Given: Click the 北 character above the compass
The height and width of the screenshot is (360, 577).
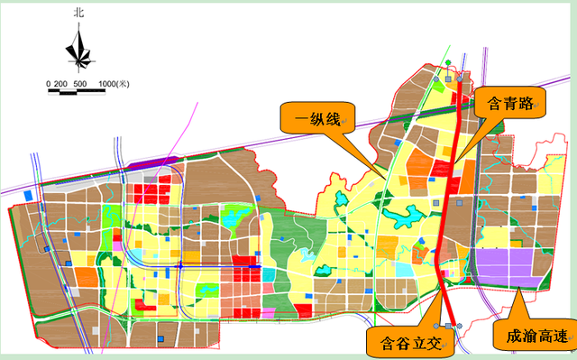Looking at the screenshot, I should [80, 14].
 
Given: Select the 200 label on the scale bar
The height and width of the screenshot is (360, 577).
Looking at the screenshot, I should [61, 84].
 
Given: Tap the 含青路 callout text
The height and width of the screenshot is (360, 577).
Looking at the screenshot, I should [508, 103].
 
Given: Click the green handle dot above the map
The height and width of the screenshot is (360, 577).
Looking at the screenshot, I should [449, 62].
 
